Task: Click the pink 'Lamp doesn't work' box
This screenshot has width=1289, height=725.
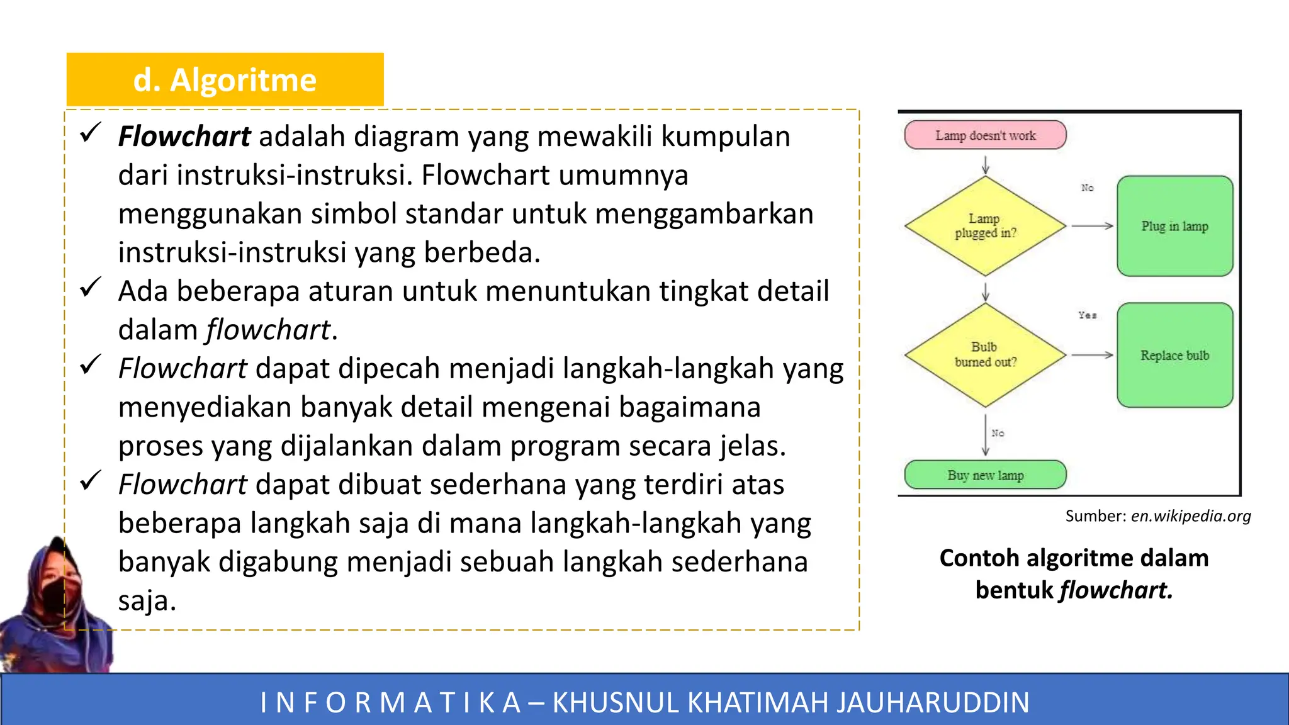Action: pyautogui.click(x=985, y=135)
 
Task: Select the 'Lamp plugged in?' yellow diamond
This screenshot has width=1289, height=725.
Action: pyautogui.click(x=985, y=226)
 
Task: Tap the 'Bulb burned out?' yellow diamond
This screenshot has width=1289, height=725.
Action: pyautogui.click(x=985, y=355)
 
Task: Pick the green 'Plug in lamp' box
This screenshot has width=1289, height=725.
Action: pyautogui.click(x=1174, y=226)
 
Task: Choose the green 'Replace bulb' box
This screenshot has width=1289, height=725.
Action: pyautogui.click(x=1174, y=355)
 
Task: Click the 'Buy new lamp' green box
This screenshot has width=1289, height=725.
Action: pyautogui.click(x=985, y=475)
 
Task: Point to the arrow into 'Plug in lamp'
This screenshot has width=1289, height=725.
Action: pyautogui.click(x=1093, y=226)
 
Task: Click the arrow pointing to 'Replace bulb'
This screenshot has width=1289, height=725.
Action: pyautogui.click(x=1093, y=355)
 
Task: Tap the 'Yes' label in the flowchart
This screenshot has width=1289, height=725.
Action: pyautogui.click(x=1087, y=315)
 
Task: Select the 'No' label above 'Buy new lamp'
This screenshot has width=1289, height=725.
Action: pyautogui.click(x=998, y=433)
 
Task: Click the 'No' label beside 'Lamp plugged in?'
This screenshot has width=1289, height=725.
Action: pyautogui.click(x=1087, y=188)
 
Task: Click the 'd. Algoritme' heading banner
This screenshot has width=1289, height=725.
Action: pyautogui.click(x=225, y=80)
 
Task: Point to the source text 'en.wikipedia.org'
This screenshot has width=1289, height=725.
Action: pyautogui.click(x=1190, y=516)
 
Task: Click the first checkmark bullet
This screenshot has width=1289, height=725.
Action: pyautogui.click(x=91, y=132)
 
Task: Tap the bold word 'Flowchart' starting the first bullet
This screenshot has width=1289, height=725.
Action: pyautogui.click(x=184, y=137)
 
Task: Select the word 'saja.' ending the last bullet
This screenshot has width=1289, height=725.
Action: pyautogui.click(x=147, y=600)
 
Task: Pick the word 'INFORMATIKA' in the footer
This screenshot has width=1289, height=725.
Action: pyautogui.click(x=390, y=702)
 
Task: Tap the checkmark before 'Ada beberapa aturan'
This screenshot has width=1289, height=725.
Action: pyautogui.click(x=91, y=287)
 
